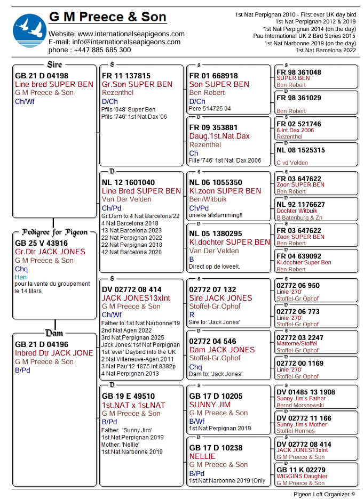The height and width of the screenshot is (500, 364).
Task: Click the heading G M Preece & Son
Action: tap(108, 18)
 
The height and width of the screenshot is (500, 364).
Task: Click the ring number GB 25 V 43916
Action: tap(42, 243)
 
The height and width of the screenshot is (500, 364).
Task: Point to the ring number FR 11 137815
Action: tap(126, 76)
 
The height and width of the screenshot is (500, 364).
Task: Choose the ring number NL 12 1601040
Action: tap(128, 182)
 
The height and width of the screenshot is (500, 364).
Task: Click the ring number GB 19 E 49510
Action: tap(128, 396)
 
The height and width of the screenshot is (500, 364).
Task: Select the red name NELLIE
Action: tap(202, 456)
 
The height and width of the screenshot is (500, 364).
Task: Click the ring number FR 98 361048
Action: tap(299, 72)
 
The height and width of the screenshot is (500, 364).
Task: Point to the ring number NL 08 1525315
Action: tap(300, 150)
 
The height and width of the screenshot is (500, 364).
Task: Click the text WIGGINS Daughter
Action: tap(302, 477)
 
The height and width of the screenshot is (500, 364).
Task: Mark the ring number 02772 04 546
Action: tap(212, 341)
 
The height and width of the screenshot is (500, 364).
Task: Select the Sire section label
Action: tap(54, 64)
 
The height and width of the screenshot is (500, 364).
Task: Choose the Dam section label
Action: tap(54, 333)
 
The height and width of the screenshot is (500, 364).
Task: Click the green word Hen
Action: tap(21, 277)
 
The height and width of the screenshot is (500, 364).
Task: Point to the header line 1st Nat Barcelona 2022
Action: tap(326, 50)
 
